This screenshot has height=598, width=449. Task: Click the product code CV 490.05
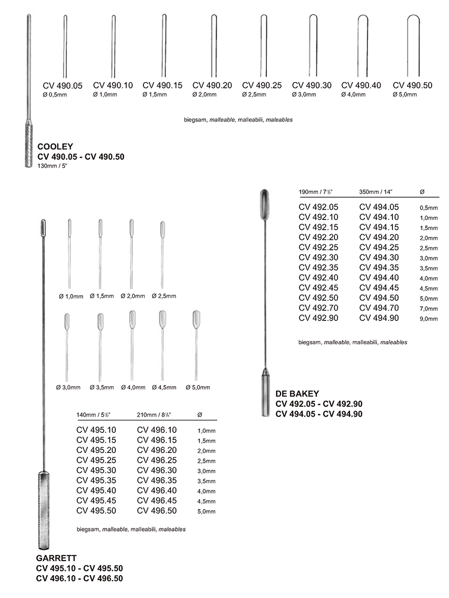[x=63, y=85]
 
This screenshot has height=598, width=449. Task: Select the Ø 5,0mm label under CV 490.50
[x=405, y=95]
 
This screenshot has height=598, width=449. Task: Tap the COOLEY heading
[x=55, y=146]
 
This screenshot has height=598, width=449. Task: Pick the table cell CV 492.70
[x=319, y=308]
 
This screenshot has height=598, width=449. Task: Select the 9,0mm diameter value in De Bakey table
[x=428, y=319]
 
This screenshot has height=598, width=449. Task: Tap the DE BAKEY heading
[x=297, y=393]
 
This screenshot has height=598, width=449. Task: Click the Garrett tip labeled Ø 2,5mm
[x=162, y=230]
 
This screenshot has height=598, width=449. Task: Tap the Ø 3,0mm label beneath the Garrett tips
[x=68, y=387]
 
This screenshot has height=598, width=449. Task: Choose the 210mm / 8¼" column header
[x=155, y=416]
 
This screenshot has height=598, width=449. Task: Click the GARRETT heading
[x=57, y=557]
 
